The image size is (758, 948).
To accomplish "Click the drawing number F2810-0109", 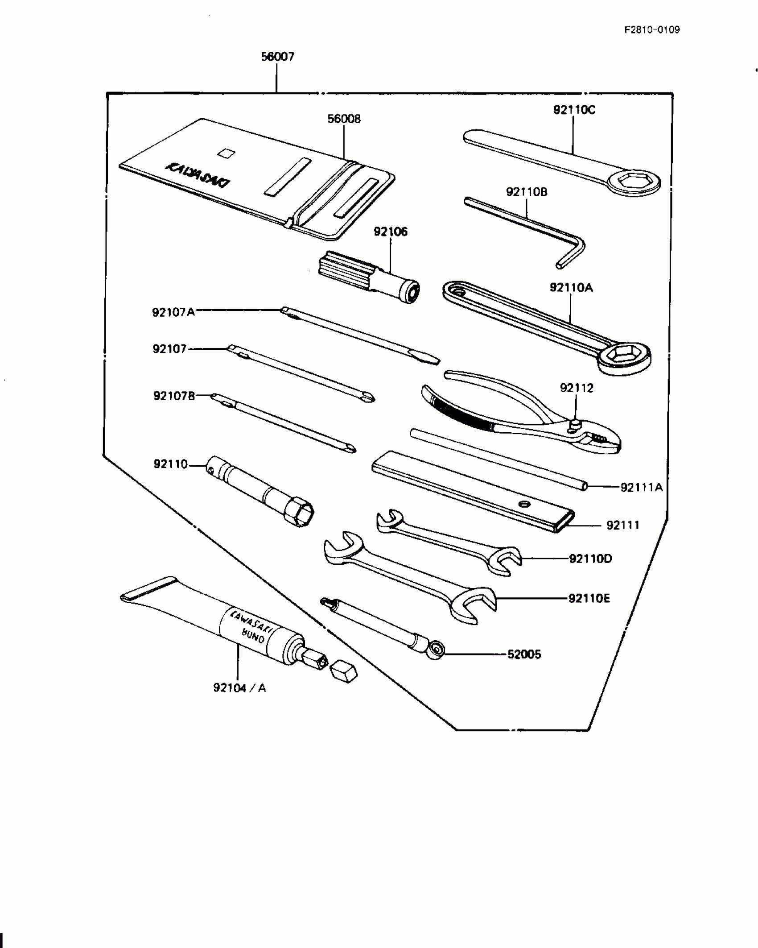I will coord(652,30).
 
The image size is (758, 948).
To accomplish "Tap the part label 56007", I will coord(277,57).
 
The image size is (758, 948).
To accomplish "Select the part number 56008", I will coord(344,119).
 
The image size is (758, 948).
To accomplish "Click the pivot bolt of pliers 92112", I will coord(575,423).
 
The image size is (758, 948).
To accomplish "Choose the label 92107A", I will coord(173,312).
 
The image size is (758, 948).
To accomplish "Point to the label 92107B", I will coord(174,396).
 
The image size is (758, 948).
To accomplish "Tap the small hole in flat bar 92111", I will coord(524,504).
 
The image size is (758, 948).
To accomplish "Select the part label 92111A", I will coord(642,488).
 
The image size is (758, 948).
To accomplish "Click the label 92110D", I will coord(590,559).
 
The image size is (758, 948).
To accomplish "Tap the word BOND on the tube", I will coord(253,635).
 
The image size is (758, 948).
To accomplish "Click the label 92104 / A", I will coord(239,688).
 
